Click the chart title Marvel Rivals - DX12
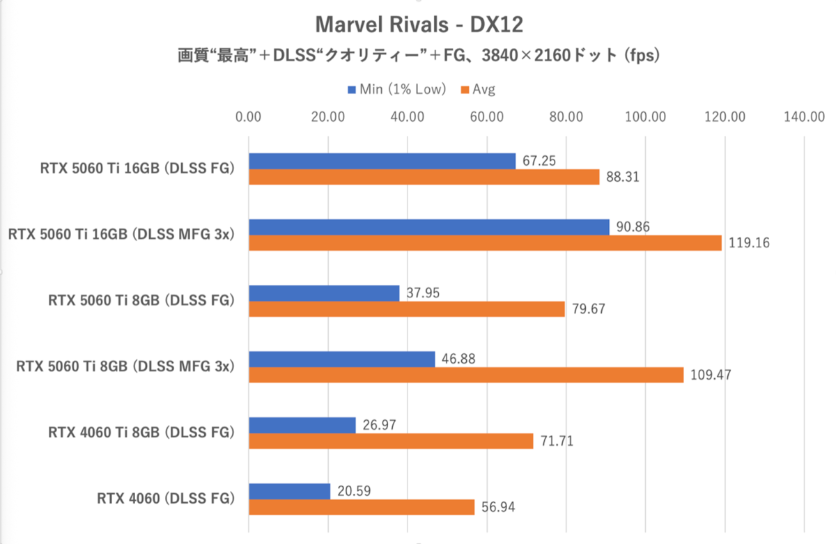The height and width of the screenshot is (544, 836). click(x=419, y=25)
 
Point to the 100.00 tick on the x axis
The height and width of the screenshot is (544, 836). click(x=645, y=116)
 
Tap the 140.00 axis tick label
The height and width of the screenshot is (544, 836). click(x=804, y=116)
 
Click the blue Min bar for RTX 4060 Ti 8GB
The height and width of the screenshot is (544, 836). click(x=302, y=425)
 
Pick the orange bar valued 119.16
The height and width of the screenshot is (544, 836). click(x=485, y=243)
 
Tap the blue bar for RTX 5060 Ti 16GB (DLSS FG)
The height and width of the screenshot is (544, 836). click(x=382, y=161)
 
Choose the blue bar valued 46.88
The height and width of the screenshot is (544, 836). click(x=341, y=359)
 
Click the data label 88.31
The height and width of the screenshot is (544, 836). click(x=621, y=178)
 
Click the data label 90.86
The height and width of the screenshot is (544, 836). click(x=631, y=227)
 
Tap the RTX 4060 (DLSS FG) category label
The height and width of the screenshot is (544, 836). click(x=164, y=499)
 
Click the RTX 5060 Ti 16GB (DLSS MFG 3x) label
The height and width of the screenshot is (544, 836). click(x=120, y=235)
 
